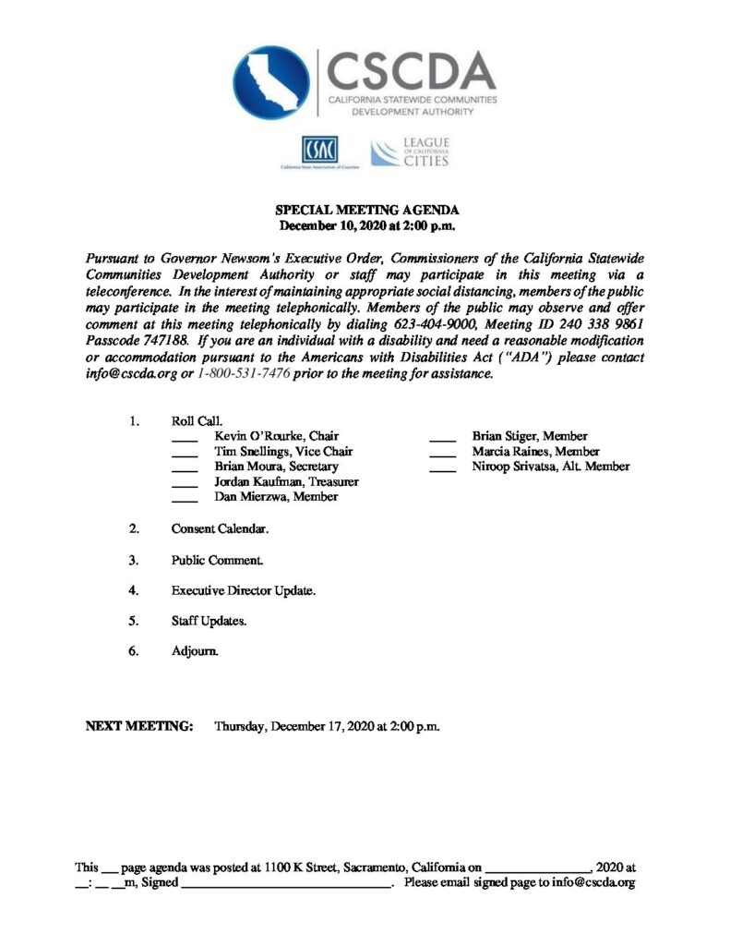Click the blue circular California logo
coord(271,82)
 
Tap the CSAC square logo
coord(320,149)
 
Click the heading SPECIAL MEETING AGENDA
coord(366,211)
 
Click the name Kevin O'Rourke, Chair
coord(277,436)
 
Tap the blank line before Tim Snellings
coord(185,453)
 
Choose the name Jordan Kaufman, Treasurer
coord(286,481)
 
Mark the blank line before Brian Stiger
coord(443,438)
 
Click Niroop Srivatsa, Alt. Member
coord(550,467)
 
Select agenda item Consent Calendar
coord(220,529)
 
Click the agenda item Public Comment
coord(217,560)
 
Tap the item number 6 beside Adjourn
coord(134,650)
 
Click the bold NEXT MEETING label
coord(139,726)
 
